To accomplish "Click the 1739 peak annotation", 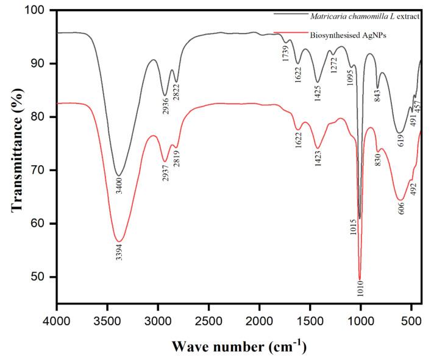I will coord(286,51).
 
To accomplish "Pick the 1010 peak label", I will coord(360,291).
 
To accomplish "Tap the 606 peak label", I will coord(400,208).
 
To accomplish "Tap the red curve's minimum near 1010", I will coord(360,279).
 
